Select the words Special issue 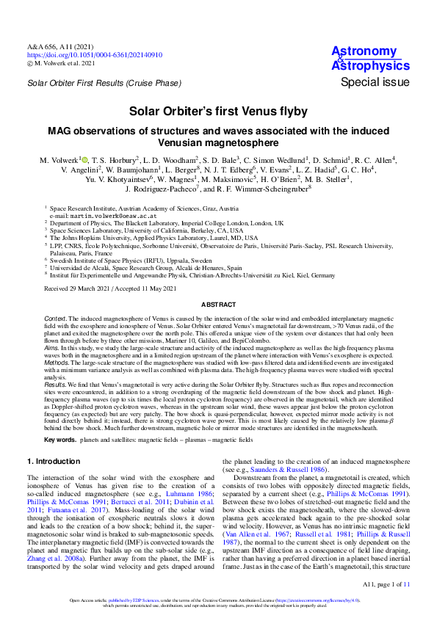coord(375,82)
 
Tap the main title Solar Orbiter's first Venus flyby coord(218,112)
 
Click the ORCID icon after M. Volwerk coord(84,159)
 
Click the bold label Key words coord(59,440)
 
